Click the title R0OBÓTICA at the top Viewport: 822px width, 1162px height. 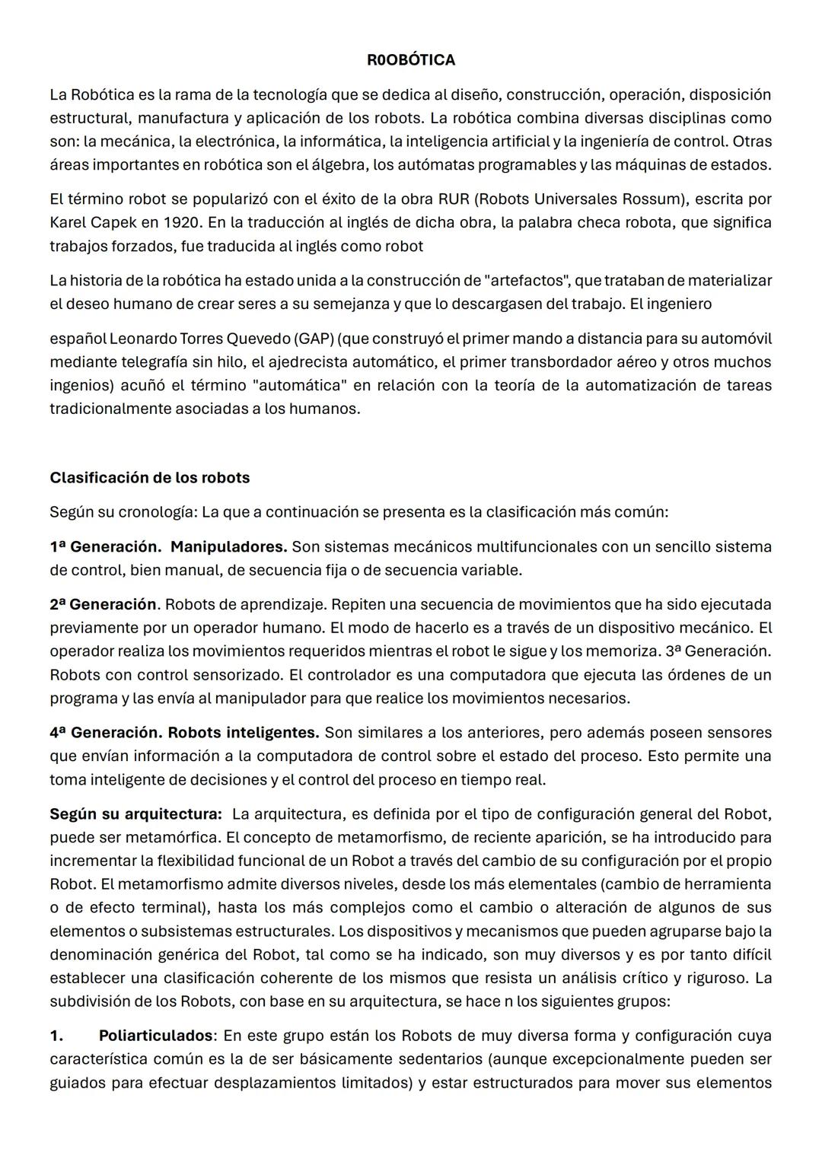410,60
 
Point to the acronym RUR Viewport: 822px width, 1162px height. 454,199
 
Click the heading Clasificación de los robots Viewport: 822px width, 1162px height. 149,478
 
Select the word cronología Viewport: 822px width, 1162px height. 158,512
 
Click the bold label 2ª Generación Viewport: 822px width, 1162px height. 103,605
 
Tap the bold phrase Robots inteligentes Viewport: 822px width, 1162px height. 243,733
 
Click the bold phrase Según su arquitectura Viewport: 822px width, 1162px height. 135,814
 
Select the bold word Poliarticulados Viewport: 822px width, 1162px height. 157,1036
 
